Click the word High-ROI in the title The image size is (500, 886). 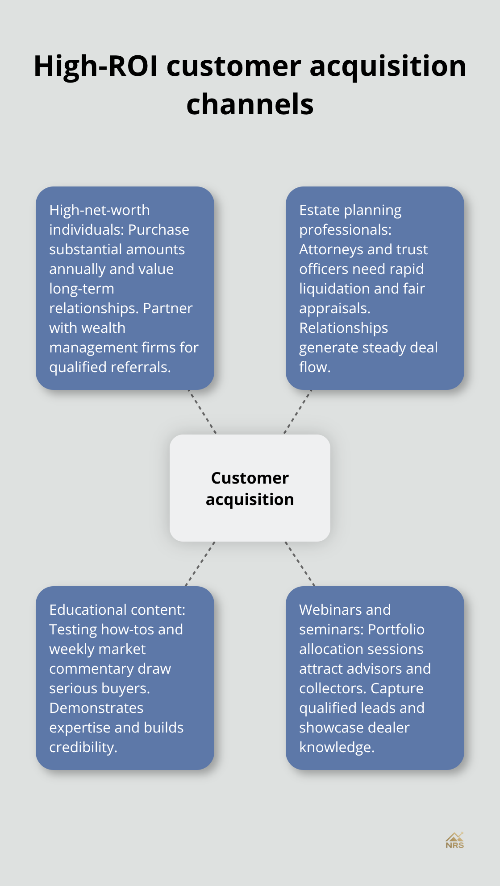click(96, 66)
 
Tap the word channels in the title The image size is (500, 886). click(250, 104)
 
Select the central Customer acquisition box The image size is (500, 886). click(250, 488)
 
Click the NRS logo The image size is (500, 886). click(454, 840)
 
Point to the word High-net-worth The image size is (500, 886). click(100, 210)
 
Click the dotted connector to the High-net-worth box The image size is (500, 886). click(202, 412)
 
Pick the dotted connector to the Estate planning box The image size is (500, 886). click(298, 412)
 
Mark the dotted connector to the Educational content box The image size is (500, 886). click(200, 564)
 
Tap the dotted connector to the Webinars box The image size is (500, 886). click(300, 564)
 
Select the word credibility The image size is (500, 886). click(83, 747)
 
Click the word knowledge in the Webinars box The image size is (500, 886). click(337, 747)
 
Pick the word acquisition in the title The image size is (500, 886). click(387, 66)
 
